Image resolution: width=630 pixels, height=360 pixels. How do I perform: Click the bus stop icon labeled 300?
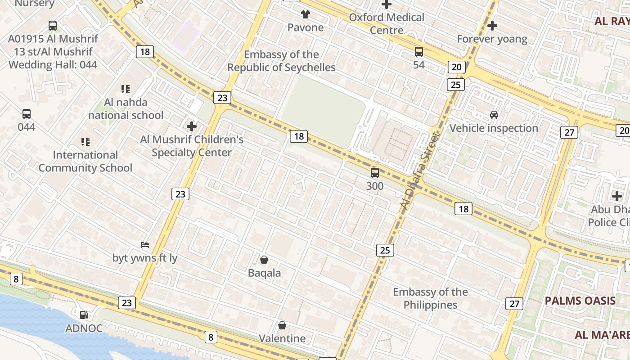[x=375, y=173]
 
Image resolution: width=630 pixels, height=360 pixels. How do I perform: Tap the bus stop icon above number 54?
[x=419, y=52]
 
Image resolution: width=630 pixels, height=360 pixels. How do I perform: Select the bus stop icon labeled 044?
[x=27, y=114]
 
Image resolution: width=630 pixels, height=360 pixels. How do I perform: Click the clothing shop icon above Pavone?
[x=306, y=14]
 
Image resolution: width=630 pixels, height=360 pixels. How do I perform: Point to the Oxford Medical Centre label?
[x=387, y=24]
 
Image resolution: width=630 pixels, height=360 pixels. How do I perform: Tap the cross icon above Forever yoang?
[x=492, y=26]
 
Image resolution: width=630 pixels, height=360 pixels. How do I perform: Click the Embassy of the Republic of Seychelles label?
[x=281, y=61]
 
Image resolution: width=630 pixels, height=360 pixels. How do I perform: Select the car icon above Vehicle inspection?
[x=494, y=115]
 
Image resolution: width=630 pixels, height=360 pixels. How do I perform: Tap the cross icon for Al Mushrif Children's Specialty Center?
[x=192, y=126]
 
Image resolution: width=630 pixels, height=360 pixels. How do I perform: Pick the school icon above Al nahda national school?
[x=126, y=89]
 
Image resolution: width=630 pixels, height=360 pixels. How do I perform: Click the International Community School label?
[x=85, y=162]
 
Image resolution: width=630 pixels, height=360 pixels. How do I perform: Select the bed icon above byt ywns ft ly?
[x=145, y=245]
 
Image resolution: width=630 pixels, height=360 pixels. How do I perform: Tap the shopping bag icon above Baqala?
[x=265, y=260]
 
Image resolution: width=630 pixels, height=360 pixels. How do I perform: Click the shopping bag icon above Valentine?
[x=282, y=325]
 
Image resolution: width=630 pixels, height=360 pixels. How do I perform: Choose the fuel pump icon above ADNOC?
[x=84, y=315]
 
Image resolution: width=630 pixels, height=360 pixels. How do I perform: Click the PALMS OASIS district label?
[x=580, y=301]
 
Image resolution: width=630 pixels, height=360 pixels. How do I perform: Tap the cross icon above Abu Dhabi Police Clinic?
[x=617, y=196]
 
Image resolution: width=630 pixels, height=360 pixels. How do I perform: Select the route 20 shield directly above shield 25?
[x=456, y=67]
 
